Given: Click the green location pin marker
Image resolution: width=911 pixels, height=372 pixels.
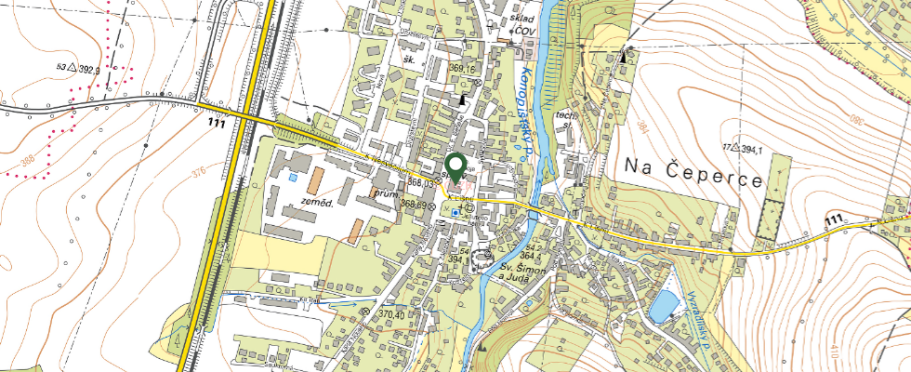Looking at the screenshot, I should (x=456, y=164).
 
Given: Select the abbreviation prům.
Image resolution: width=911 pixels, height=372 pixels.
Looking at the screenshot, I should (x=383, y=194).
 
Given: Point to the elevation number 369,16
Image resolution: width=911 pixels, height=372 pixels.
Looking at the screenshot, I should (x=462, y=69).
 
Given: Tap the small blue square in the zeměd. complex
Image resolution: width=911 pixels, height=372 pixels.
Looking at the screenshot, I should (x=294, y=176).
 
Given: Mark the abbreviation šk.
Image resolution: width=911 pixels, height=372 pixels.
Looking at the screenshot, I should (x=407, y=59).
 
